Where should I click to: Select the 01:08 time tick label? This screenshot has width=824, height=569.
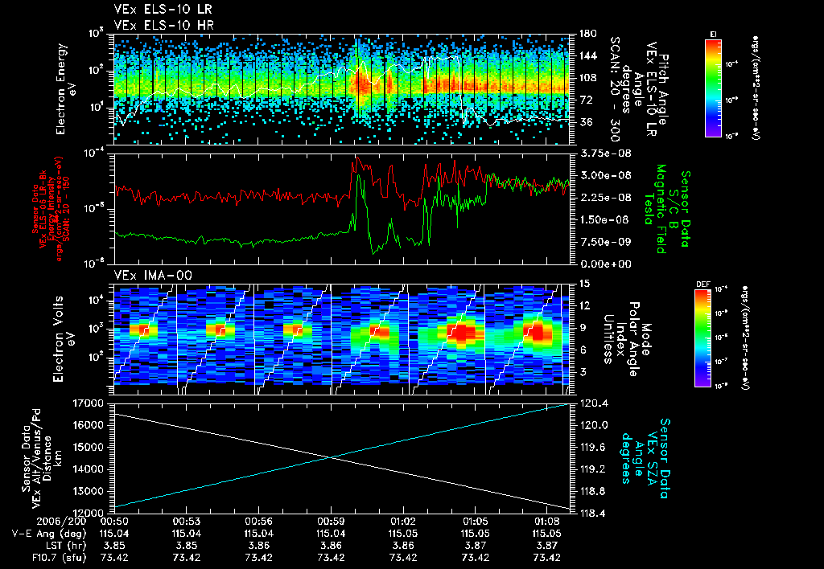point(546,520)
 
